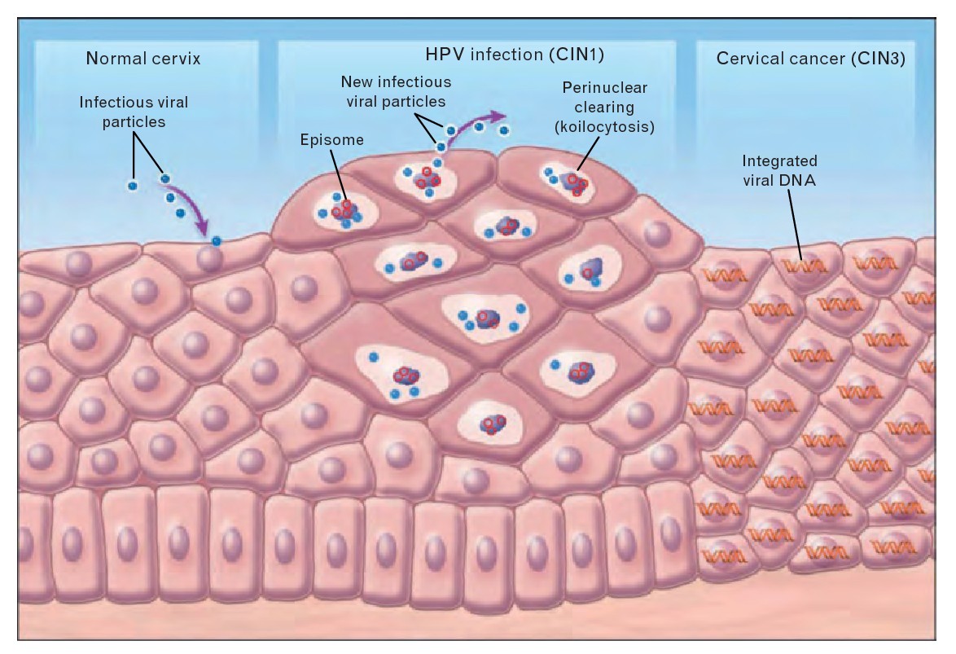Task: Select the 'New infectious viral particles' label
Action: (x=396, y=92)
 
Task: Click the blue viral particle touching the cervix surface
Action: (x=217, y=242)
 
